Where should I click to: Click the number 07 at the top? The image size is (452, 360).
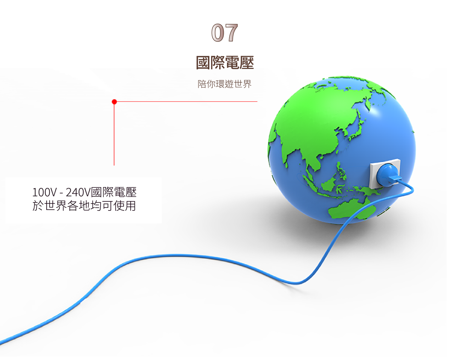tap(224, 33)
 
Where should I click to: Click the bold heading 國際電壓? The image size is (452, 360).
tap(225, 63)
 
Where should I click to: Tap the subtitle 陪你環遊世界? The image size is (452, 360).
tap(224, 84)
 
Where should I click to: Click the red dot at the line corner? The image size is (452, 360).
tap(114, 102)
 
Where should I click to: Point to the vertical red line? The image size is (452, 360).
tap(114, 134)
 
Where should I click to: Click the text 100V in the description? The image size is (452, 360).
tap(44, 192)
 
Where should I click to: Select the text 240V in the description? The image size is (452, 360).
tap(78, 192)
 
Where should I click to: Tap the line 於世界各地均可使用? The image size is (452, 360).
tap(84, 206)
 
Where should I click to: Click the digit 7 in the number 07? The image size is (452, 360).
tap(231, 33)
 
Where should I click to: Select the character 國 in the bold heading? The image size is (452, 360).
tap(203, 63)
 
